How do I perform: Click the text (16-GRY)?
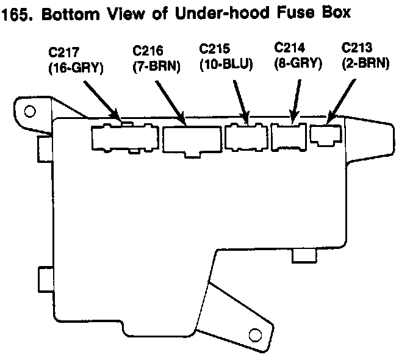coord(76,68)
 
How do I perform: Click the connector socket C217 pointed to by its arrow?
coord(124,137)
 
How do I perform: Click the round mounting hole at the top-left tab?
coord(29,112)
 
